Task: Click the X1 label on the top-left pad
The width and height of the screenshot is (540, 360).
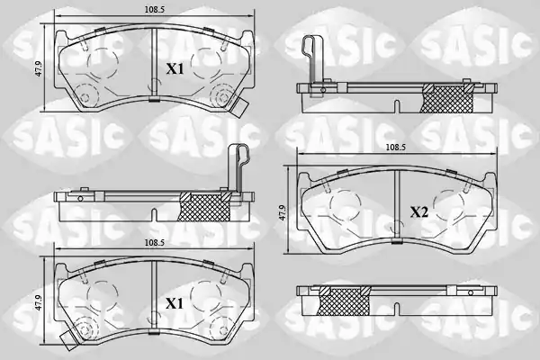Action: pyautogui.click(x=175, y=69)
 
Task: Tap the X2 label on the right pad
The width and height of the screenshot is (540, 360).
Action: pyautogui.click(x=418, y=212)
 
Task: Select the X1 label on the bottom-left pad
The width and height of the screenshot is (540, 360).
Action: pyautogui.click(x=175, y=304)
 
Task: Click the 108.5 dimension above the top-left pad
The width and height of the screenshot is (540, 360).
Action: pyautogui.click(x=154, y=10)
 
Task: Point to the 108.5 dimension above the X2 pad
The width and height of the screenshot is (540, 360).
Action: pyautogui.click(x=396, y=148)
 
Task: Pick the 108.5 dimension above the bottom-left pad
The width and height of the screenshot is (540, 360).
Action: pyautogui.click(x=154, y=243)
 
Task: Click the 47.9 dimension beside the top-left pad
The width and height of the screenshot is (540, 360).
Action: pyautogui.click(x=39, y=68)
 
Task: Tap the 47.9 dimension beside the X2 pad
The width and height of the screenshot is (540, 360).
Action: pyautogui.click(x=283, y=212)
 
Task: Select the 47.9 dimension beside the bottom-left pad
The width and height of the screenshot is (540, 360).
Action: pyautogui.click(x=39, y=302)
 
